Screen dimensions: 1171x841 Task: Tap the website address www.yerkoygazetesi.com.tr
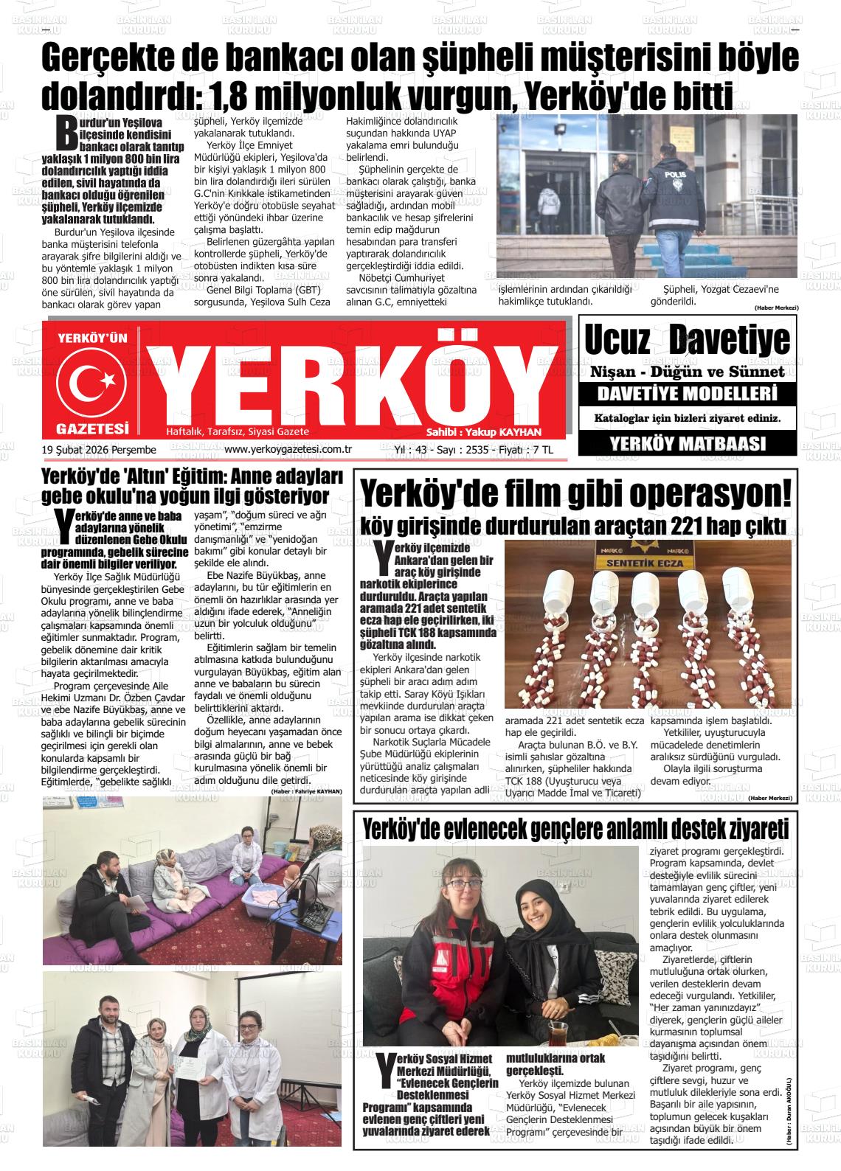288,449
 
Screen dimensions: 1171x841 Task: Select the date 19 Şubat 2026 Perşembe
100,450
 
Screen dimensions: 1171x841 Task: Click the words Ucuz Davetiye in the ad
687,341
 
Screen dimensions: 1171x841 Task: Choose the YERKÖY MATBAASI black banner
688,444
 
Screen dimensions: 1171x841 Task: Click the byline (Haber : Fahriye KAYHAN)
306,791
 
